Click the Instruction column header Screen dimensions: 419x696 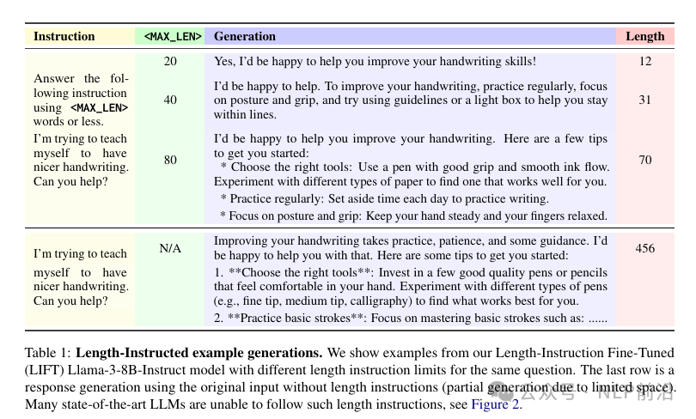[64, 37]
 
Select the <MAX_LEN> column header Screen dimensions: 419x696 [173, 37]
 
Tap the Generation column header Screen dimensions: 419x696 [245, 37]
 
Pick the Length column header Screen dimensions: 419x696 [644, 37]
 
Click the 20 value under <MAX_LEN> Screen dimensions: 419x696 [170, 61]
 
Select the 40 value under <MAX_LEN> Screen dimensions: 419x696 [170, 100]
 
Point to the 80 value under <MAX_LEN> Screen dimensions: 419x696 [170, 160]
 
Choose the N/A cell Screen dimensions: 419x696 [170, 249]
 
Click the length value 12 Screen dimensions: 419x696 [645, 61]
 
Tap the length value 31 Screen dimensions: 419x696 [645, 100]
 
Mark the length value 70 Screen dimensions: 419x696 [645, 160]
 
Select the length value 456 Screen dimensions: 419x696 [645, 249]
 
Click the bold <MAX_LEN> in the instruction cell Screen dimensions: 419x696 [99, 108]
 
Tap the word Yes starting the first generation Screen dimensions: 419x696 [223, 62]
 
